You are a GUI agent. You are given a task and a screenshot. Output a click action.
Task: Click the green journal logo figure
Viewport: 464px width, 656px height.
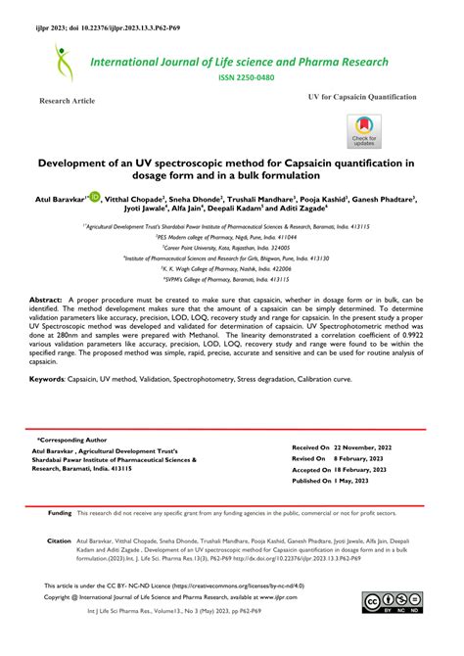pyautogui.click(x=65, y=61)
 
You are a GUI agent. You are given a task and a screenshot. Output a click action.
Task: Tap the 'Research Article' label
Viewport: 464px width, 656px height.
pyautogui.click(x=67, y=102)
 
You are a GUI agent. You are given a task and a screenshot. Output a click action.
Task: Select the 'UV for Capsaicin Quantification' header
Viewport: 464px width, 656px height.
pyautogui.click(x=363, y=99)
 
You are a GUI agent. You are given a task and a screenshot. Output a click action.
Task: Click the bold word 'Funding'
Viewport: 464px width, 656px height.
pyautogui.click(x=60, y=513)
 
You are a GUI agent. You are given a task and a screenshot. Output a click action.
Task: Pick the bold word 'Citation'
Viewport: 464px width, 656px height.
pyautogui.click(x=60, y=540)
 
